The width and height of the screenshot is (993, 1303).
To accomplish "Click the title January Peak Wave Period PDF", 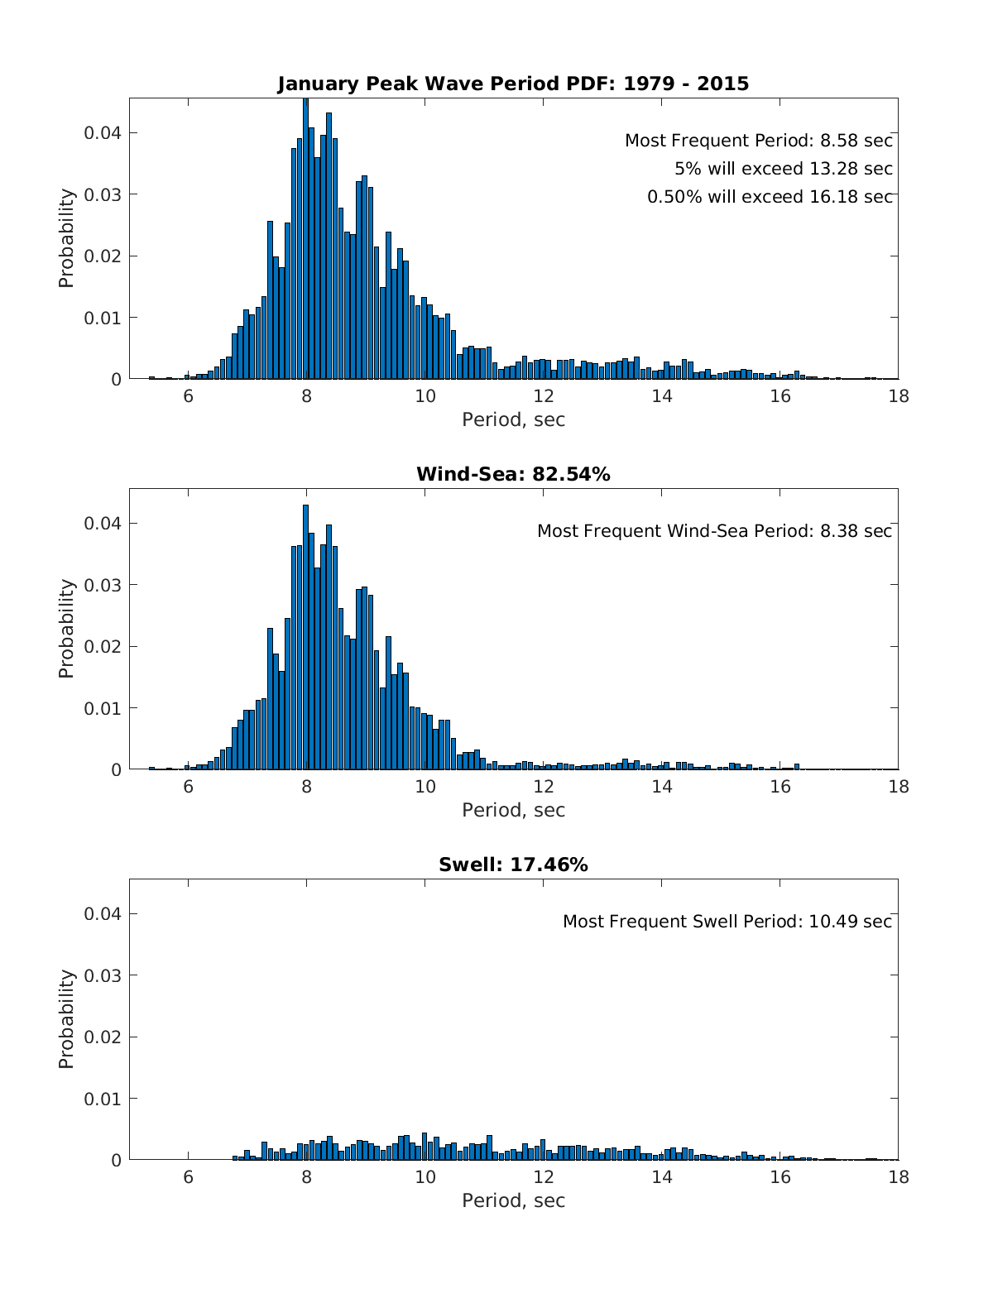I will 513,84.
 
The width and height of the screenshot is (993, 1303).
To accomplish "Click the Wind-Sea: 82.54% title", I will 513,474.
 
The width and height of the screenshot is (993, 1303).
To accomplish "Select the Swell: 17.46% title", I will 513,865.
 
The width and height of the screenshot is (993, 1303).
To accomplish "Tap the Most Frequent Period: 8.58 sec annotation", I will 758,141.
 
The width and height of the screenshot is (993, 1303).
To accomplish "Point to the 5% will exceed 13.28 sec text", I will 783,169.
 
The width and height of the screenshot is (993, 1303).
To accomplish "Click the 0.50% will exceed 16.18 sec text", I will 770,197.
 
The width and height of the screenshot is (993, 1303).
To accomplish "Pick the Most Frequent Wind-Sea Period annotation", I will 714,531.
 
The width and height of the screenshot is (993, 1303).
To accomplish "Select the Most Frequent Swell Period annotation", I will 727,922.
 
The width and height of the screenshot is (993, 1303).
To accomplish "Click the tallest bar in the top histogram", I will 305,240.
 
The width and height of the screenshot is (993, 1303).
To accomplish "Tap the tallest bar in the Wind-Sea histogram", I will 305,637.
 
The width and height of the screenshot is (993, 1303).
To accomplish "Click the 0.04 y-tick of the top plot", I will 103,133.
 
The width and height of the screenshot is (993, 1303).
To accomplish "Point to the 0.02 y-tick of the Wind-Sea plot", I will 103,646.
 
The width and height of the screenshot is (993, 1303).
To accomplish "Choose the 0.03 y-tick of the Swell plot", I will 103,975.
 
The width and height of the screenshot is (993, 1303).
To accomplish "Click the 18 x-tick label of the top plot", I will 898,396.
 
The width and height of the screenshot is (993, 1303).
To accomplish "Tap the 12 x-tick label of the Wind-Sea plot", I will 543,787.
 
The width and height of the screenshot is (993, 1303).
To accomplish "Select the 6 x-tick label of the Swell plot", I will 188,1177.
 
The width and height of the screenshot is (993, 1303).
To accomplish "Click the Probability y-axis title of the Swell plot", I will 66,1019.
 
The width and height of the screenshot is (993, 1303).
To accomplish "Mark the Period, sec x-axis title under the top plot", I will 513,419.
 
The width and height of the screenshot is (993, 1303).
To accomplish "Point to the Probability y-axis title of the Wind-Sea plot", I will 66,629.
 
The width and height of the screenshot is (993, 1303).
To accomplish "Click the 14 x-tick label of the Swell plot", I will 661,1177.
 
